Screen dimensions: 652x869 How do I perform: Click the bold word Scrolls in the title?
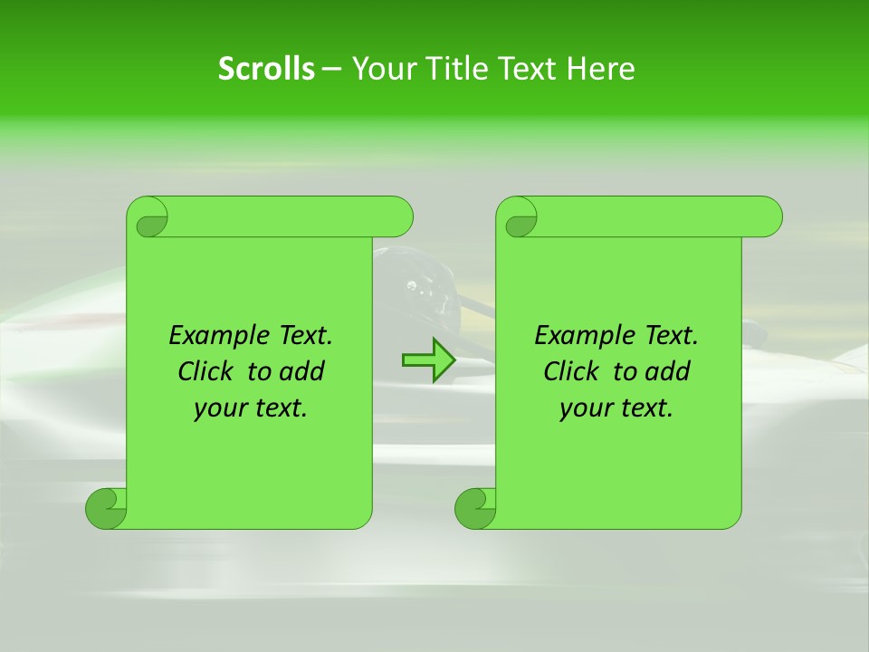[266, 69]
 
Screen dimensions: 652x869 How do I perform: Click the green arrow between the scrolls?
[428, 360]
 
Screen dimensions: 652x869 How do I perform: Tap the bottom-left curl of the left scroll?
[106, 508]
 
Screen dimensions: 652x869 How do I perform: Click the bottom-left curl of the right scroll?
[475, 508]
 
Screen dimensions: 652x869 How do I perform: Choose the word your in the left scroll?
[221, 408]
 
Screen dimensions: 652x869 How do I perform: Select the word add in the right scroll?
[666, 371]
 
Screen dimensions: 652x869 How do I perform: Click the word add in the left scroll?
[301, 371]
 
